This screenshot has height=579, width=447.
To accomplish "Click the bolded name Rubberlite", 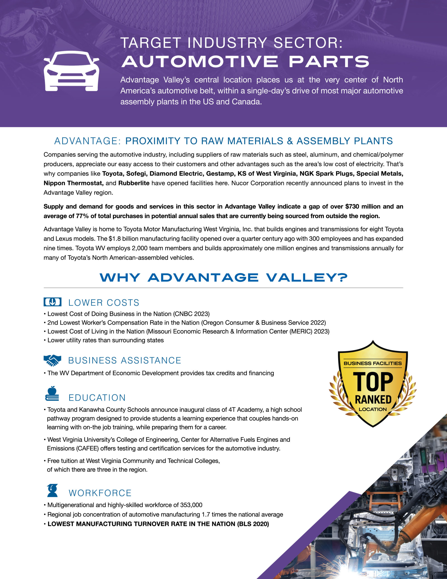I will [134, 183].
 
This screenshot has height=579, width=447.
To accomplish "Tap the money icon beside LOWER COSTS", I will [52, 302].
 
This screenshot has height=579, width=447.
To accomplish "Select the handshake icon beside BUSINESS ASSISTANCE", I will [52, 360].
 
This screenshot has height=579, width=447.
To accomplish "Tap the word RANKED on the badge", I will [373, 399].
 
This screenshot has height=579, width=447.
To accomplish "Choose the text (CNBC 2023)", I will [191, 314].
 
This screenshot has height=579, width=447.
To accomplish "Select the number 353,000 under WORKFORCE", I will [191, 505].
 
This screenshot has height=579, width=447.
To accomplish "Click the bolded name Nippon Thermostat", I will [73, 183].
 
